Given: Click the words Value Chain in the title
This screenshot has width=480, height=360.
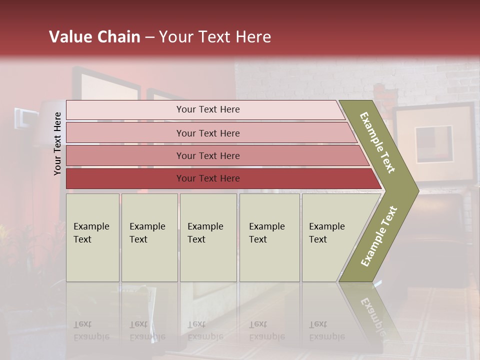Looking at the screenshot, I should click(x=94, y=37).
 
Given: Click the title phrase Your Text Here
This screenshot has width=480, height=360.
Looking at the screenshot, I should click(x=215, y=37).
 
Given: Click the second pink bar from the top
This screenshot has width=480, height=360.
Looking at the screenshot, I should click(x=207, y=133).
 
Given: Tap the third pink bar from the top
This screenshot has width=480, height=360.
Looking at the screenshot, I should click(x=207, y=155).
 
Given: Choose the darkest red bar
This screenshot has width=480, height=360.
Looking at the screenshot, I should click(x=207, y=178).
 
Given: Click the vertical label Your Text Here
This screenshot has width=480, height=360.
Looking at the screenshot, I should click(x=57, y=143).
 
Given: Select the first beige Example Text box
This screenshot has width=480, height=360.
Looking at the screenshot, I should click(x=92, y=237).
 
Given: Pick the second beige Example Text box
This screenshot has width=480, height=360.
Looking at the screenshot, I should click(x=149, y=237).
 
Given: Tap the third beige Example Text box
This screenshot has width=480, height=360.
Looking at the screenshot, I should click(x=208, y=237).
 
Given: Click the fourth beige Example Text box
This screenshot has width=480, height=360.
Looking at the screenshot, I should click(x=269, y=237).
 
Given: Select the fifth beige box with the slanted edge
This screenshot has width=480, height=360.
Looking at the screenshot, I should click(x=330, y=237).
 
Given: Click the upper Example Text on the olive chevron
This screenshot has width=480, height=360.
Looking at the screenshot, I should click(x=377, y=142).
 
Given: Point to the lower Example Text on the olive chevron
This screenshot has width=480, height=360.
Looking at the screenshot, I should click(x=378, y=236).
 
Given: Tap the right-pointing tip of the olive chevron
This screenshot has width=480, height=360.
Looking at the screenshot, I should click(x=415, y=190).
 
